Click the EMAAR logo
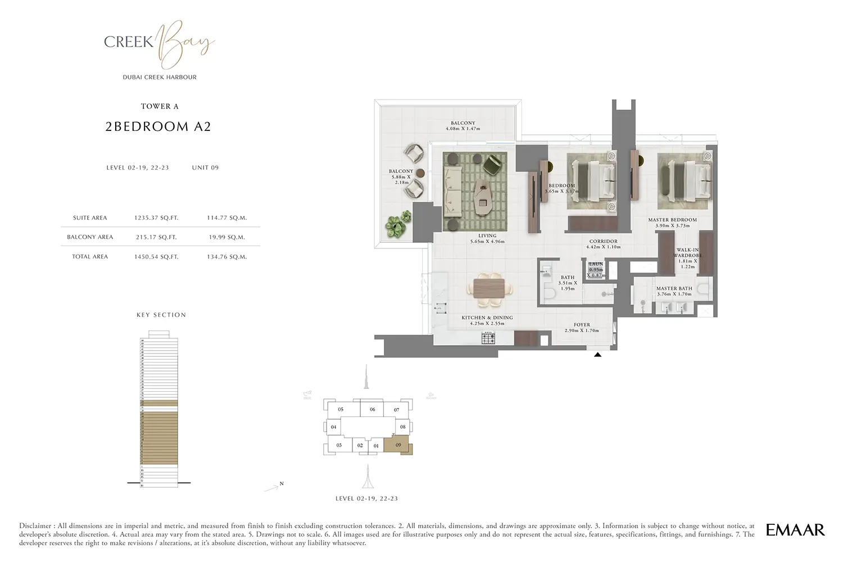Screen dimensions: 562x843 795,529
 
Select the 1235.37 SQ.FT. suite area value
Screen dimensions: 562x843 156,217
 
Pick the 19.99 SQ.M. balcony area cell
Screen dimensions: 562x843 226,237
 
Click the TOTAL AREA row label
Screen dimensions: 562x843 90,257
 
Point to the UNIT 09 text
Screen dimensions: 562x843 205,167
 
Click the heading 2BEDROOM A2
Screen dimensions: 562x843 158,127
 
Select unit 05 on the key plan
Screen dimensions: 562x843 341,410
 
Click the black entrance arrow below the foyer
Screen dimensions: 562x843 597,355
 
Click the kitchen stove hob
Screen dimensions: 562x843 488,338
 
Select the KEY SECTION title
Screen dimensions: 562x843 161,315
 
